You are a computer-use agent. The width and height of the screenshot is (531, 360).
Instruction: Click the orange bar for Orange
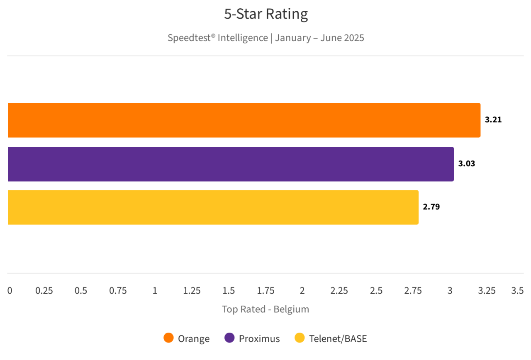244,120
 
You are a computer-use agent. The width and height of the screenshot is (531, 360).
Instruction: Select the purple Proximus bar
231,164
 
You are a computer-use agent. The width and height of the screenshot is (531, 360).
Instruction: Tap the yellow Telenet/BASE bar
213,207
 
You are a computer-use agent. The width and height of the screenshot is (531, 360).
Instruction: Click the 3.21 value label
493,120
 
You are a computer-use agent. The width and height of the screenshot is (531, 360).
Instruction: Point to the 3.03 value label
466,164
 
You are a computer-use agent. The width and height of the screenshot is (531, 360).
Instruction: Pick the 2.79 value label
431,207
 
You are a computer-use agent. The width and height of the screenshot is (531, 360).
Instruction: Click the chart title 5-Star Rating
266,14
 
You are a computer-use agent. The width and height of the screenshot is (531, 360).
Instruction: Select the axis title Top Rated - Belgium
265,309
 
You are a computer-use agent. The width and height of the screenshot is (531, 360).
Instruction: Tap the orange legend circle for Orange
168,338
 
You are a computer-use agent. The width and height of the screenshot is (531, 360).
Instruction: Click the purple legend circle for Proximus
229,338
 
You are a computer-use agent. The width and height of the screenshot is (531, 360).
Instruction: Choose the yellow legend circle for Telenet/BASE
300,338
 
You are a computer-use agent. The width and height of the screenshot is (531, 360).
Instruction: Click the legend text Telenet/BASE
338,339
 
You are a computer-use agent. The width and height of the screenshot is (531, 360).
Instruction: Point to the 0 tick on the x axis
10,291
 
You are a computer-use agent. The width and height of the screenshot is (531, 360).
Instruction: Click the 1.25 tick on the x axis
192,291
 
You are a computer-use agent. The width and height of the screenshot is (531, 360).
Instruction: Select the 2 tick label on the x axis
302,291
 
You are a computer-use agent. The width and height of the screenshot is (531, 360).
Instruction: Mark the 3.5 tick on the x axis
517,291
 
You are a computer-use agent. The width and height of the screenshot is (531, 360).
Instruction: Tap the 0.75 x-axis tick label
118,291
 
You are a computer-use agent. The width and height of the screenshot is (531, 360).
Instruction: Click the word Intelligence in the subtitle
243,38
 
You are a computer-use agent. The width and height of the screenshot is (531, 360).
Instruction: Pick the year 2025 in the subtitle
353,38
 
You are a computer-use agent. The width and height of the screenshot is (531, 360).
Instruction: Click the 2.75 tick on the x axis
413,291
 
